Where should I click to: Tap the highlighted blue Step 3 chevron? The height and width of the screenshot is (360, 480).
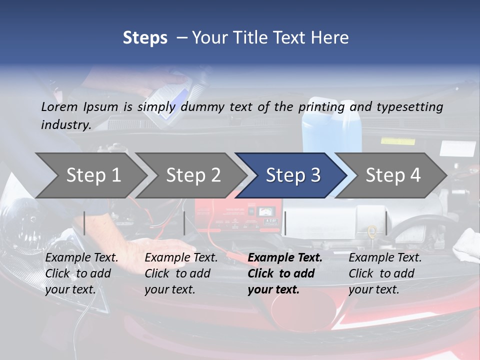tap(293, 175)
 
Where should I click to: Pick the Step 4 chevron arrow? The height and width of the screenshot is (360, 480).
tap(393, 175)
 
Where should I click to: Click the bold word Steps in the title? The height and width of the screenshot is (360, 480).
tap(145, 37)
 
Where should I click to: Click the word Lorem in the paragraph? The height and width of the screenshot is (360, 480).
tap(59, 106)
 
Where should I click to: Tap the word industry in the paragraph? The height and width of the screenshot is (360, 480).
tap(66, 124)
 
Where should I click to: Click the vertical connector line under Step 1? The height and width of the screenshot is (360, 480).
tap(84, 223)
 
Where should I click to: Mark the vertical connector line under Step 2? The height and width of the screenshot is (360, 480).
tap(184, 223)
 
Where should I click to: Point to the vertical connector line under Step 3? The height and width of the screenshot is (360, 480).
tap(285, 223)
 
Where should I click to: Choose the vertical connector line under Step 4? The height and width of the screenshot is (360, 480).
tap(386, 223)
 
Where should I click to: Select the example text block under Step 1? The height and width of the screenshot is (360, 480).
tap(81, 273)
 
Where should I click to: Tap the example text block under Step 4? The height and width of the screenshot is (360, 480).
tap(385, 273)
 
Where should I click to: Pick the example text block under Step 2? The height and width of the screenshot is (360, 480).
tap(181, 273)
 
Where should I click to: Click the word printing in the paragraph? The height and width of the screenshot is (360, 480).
tap(322, 106)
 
